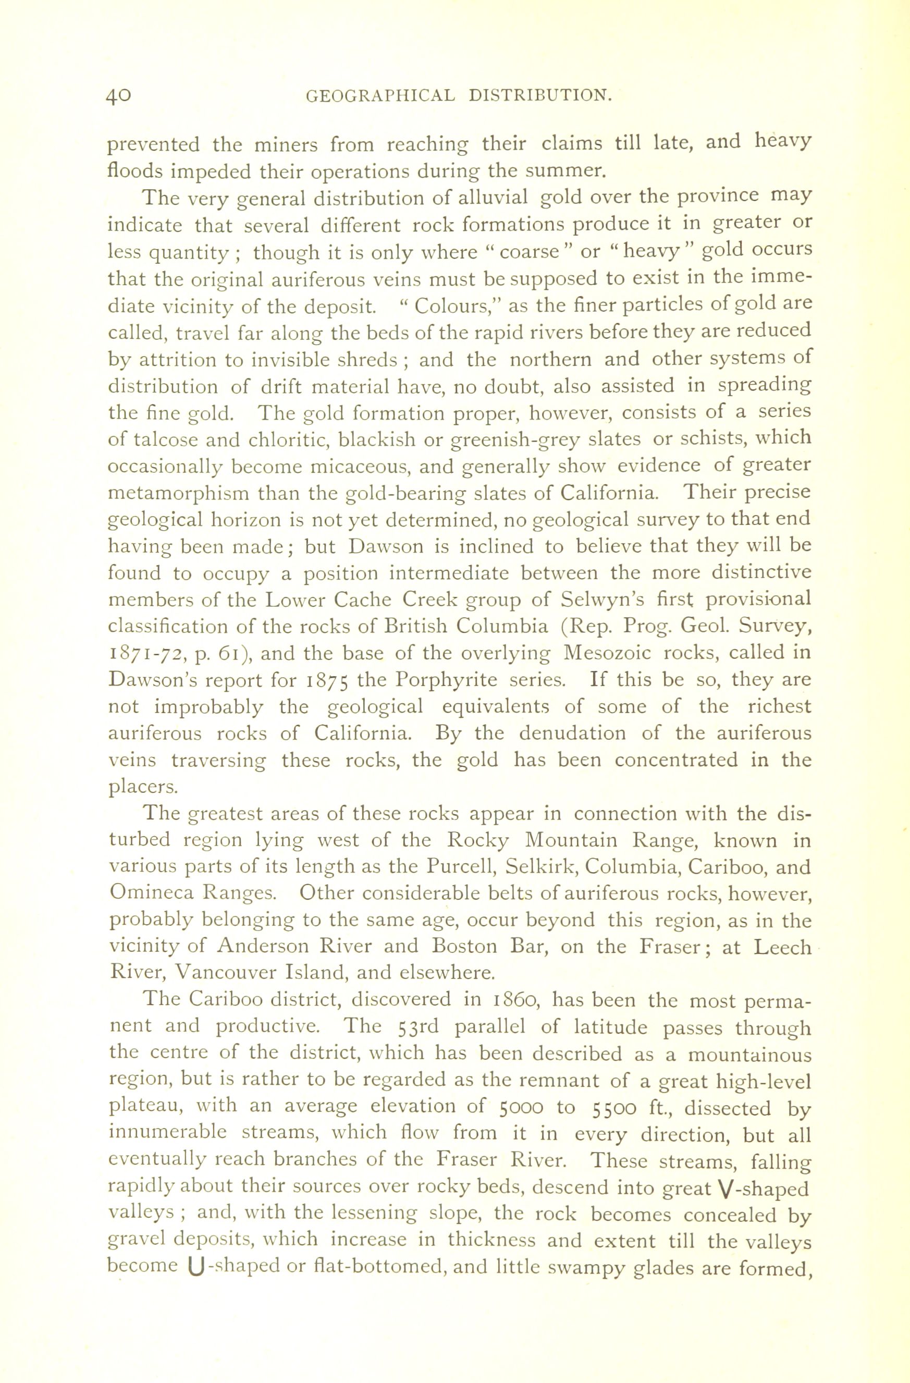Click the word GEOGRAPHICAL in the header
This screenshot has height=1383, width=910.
pyautogui.click(x=380, y=95)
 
